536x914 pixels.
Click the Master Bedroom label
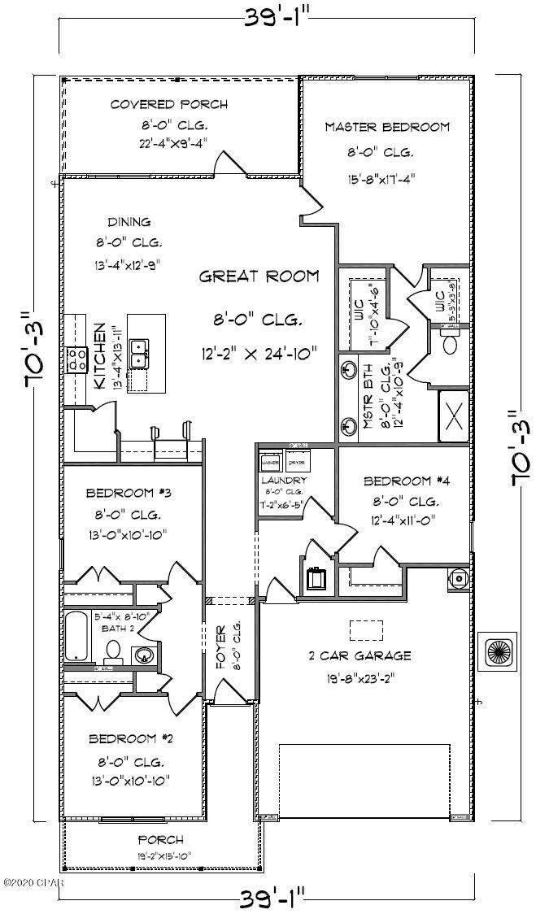tap(387, 127)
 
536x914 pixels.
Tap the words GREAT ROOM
tap(259, 276)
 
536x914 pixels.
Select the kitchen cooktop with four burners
tap(77, 359)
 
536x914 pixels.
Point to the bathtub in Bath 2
tap(76, 636)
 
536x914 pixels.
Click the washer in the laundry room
tap(270, 463)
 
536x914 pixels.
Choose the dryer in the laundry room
tap(296, 463)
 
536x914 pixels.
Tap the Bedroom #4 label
tap(406, 480)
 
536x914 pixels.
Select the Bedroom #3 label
tap(127, 493)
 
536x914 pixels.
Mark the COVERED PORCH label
tap(169, 105)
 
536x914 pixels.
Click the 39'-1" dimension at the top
tap(269, 16)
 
